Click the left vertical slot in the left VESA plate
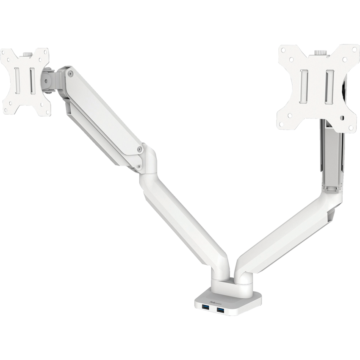coord(18,79)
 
